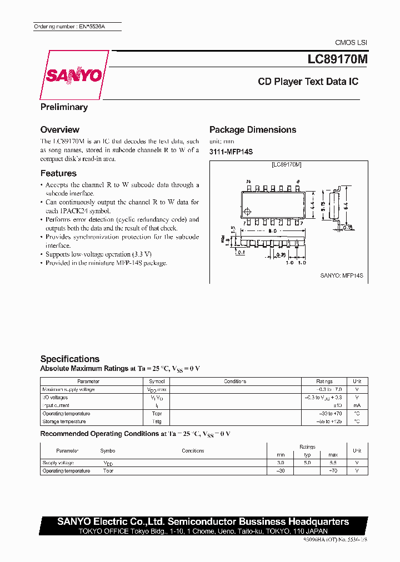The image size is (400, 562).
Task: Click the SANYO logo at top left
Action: [73, 76]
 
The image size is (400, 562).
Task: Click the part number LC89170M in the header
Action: [333, 58]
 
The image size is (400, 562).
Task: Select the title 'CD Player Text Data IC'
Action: [308, 82]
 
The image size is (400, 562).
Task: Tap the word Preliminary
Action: [64, 107]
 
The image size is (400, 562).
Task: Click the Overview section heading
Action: [59, 129]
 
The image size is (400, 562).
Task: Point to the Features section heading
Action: [58, 173]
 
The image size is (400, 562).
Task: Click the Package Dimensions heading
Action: [252, 129]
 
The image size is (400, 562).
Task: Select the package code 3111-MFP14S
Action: [231, 152]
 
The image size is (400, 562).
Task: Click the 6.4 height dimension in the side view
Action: [346, 205]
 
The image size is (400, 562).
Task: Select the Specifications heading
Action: [69, 359]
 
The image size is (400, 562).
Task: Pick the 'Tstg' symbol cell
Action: [156, 421]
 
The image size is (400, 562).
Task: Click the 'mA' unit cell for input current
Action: [357, 405]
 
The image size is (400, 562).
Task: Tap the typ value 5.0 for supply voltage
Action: [307, 463]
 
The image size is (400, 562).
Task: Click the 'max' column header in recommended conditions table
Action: [333, 454]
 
